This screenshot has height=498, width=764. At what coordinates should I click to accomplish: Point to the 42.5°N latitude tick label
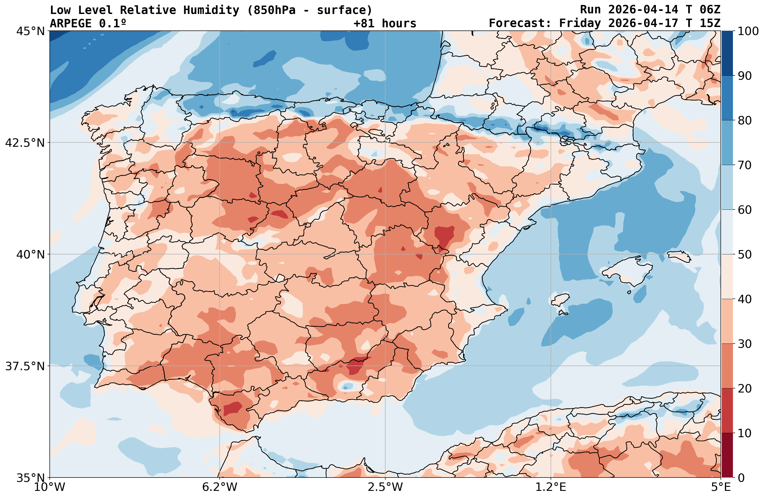coord(25,143)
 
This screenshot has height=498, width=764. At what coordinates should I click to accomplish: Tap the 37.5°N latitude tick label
coord(25,366)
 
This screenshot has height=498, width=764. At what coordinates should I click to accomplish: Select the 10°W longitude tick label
coord(50,487)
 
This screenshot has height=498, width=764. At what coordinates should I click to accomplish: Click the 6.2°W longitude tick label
coord(220,487)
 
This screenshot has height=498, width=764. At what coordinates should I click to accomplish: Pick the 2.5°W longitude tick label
coord(385,487)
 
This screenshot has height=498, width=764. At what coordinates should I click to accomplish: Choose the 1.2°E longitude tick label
coord(551,487)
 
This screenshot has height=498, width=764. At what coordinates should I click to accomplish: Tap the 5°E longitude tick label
coord(721,487)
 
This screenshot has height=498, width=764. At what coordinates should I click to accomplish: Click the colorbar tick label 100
coord(748,31)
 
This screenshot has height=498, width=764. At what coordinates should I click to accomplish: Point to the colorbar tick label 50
coord(745,255)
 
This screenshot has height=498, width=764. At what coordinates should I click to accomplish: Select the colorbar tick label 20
coord(745,389)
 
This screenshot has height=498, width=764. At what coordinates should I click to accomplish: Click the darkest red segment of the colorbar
coord(727,455)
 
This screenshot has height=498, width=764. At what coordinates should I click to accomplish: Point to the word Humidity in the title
coord(211,10)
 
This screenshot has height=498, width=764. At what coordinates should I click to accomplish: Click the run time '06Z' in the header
coord(710,10)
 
